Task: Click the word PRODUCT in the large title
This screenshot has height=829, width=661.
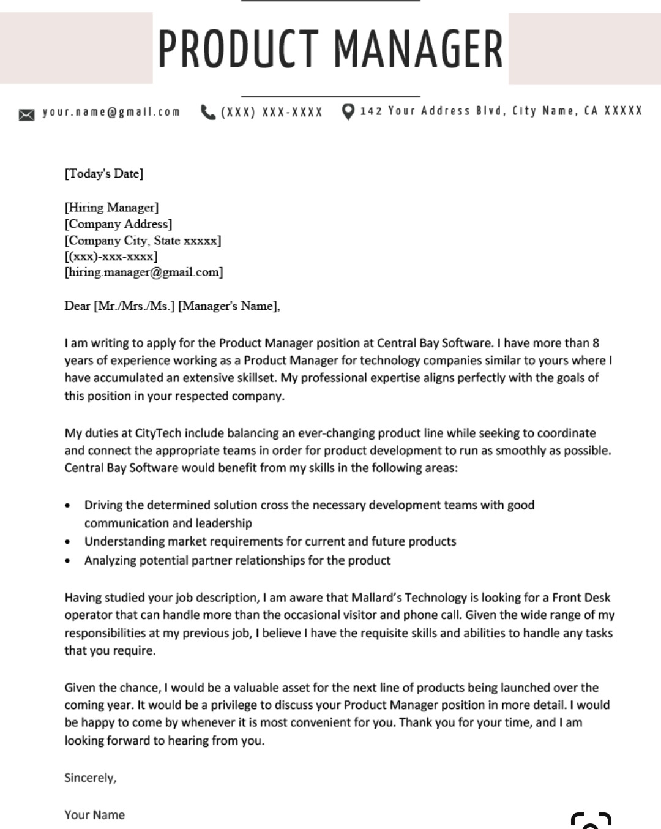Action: point(239,49)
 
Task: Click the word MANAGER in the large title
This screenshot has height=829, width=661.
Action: point(419,49)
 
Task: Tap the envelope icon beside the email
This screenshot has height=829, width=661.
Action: point(26,114)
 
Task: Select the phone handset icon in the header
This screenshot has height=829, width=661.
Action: point(208,112)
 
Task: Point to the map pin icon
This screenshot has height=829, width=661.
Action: point(348,112)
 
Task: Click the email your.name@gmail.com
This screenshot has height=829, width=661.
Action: point(111,112)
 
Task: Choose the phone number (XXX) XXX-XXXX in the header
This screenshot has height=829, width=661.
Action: point(271,112)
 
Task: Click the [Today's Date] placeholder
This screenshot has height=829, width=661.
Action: point(104,174)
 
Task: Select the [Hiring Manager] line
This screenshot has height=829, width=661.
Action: point(111,208)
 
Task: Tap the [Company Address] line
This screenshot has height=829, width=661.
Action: point(118,224)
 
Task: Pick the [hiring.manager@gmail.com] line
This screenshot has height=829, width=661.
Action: point(144,272)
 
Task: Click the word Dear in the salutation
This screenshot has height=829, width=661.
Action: point(77,306)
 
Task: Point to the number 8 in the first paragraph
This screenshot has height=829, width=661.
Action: point(596,343)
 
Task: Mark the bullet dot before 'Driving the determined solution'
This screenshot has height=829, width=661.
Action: point(68,506)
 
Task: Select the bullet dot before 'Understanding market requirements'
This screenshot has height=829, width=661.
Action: point(68,542)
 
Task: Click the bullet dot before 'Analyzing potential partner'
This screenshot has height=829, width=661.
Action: point(68,561)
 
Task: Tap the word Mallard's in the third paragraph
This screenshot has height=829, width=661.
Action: point(376,598)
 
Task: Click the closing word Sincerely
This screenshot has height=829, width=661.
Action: point(90,778)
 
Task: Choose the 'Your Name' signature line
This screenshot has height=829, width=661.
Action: point(95,815)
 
